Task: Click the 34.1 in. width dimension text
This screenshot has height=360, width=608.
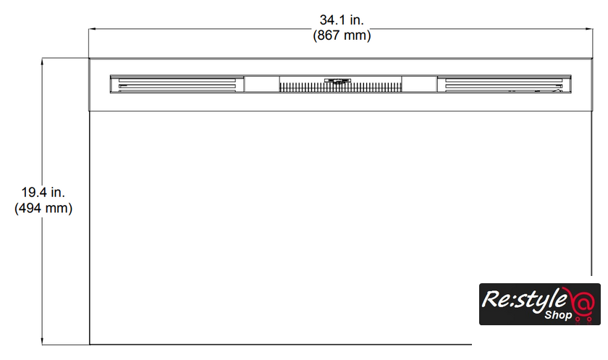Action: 342,20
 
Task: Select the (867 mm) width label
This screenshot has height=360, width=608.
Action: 342,35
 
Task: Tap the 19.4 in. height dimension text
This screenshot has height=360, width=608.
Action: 43,192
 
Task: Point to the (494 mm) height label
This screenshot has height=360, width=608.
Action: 43,209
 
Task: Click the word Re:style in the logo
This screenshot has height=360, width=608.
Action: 524,300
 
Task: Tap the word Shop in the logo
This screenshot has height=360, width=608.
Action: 558,314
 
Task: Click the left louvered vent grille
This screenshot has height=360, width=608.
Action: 177,84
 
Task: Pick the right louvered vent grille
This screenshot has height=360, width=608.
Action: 504,84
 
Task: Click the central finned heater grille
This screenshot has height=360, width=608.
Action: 340,88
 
